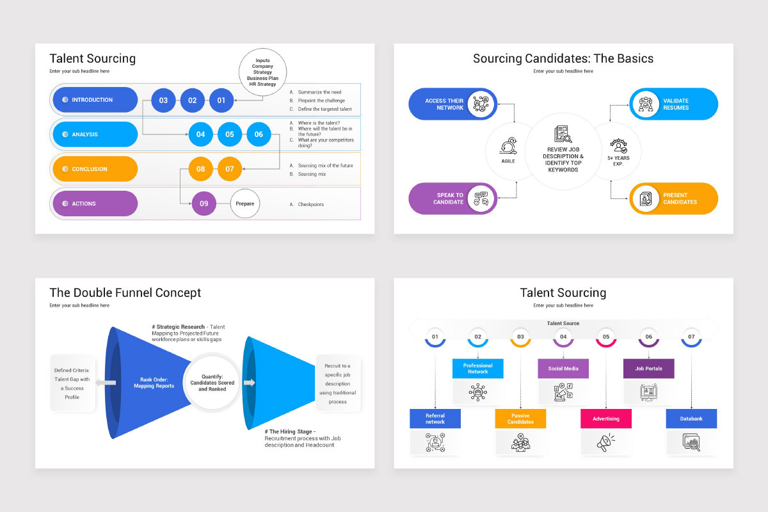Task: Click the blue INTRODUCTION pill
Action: (95, 100)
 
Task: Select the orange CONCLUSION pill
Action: (95, 169)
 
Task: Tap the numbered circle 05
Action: (230, 134)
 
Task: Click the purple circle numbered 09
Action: (204, 204)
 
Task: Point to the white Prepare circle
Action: (244, 204)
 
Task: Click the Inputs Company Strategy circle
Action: (262, 72)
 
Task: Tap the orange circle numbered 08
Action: (200, 169)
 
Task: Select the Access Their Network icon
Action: (481, 104)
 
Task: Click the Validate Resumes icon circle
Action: (646, 104)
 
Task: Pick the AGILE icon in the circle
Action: (508, 146)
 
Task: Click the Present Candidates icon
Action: (646, 198)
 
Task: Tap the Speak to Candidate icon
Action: (481, 198)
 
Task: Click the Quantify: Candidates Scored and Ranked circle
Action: (212, 382)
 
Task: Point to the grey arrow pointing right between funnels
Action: (249, 382)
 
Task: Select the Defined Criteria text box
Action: (72, 383)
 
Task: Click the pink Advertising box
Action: (606, 419)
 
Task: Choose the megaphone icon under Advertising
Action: (606, 442)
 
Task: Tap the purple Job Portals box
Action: (649, 369)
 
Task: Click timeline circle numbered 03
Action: (520, 337)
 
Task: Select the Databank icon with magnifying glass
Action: (691, 442)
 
